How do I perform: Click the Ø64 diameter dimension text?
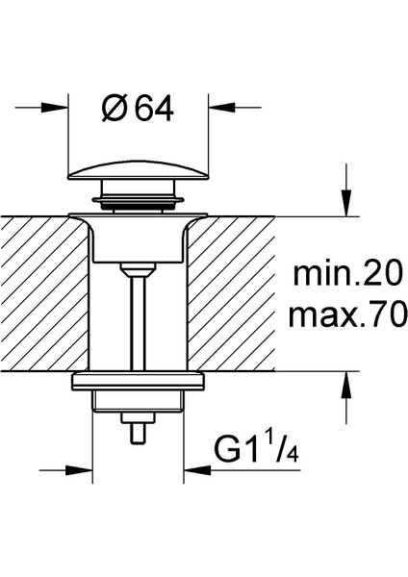137,110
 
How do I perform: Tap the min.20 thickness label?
346,274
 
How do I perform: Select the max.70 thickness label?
347,315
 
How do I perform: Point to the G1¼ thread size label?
256,447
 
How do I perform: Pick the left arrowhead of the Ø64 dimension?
55,108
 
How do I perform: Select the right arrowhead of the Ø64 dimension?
221,108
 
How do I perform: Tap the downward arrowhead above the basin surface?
346,203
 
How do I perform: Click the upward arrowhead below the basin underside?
346,385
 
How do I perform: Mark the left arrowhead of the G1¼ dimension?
79,470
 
